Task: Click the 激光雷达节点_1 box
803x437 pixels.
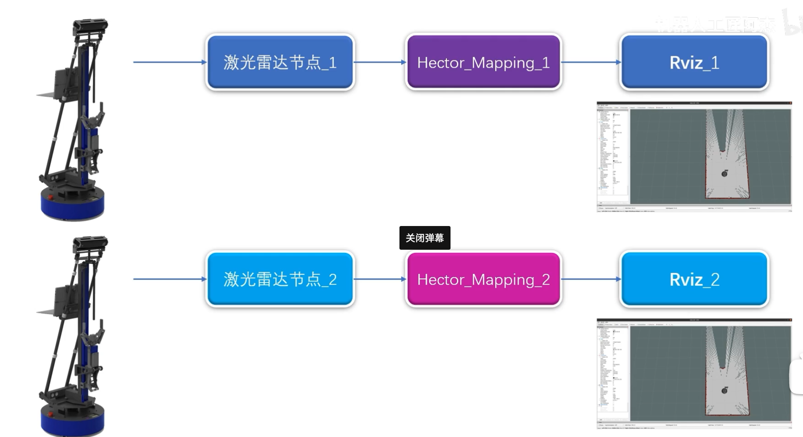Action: tap(280, 62)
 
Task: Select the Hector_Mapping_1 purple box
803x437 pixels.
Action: tap(483, 62)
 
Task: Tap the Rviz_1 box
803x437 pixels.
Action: tap(694, 62)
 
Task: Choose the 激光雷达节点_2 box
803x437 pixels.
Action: tap(280, 279)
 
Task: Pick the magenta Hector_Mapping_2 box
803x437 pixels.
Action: tap(483, 279)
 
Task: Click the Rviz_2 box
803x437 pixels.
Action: tap(694, 279)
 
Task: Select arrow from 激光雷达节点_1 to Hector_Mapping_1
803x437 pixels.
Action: tap(380, 62)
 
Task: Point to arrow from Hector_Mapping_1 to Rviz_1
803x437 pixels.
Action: tap(591, 62)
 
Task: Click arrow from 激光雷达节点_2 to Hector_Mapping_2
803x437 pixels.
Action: tap(380, 279)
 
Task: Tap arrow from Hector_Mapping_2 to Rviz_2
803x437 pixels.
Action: tap(591, 279)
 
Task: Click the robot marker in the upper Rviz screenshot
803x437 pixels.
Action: tap(725, 173)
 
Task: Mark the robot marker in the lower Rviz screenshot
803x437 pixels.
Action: tap(725, 390)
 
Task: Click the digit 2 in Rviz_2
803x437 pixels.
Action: tap(715, 279)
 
